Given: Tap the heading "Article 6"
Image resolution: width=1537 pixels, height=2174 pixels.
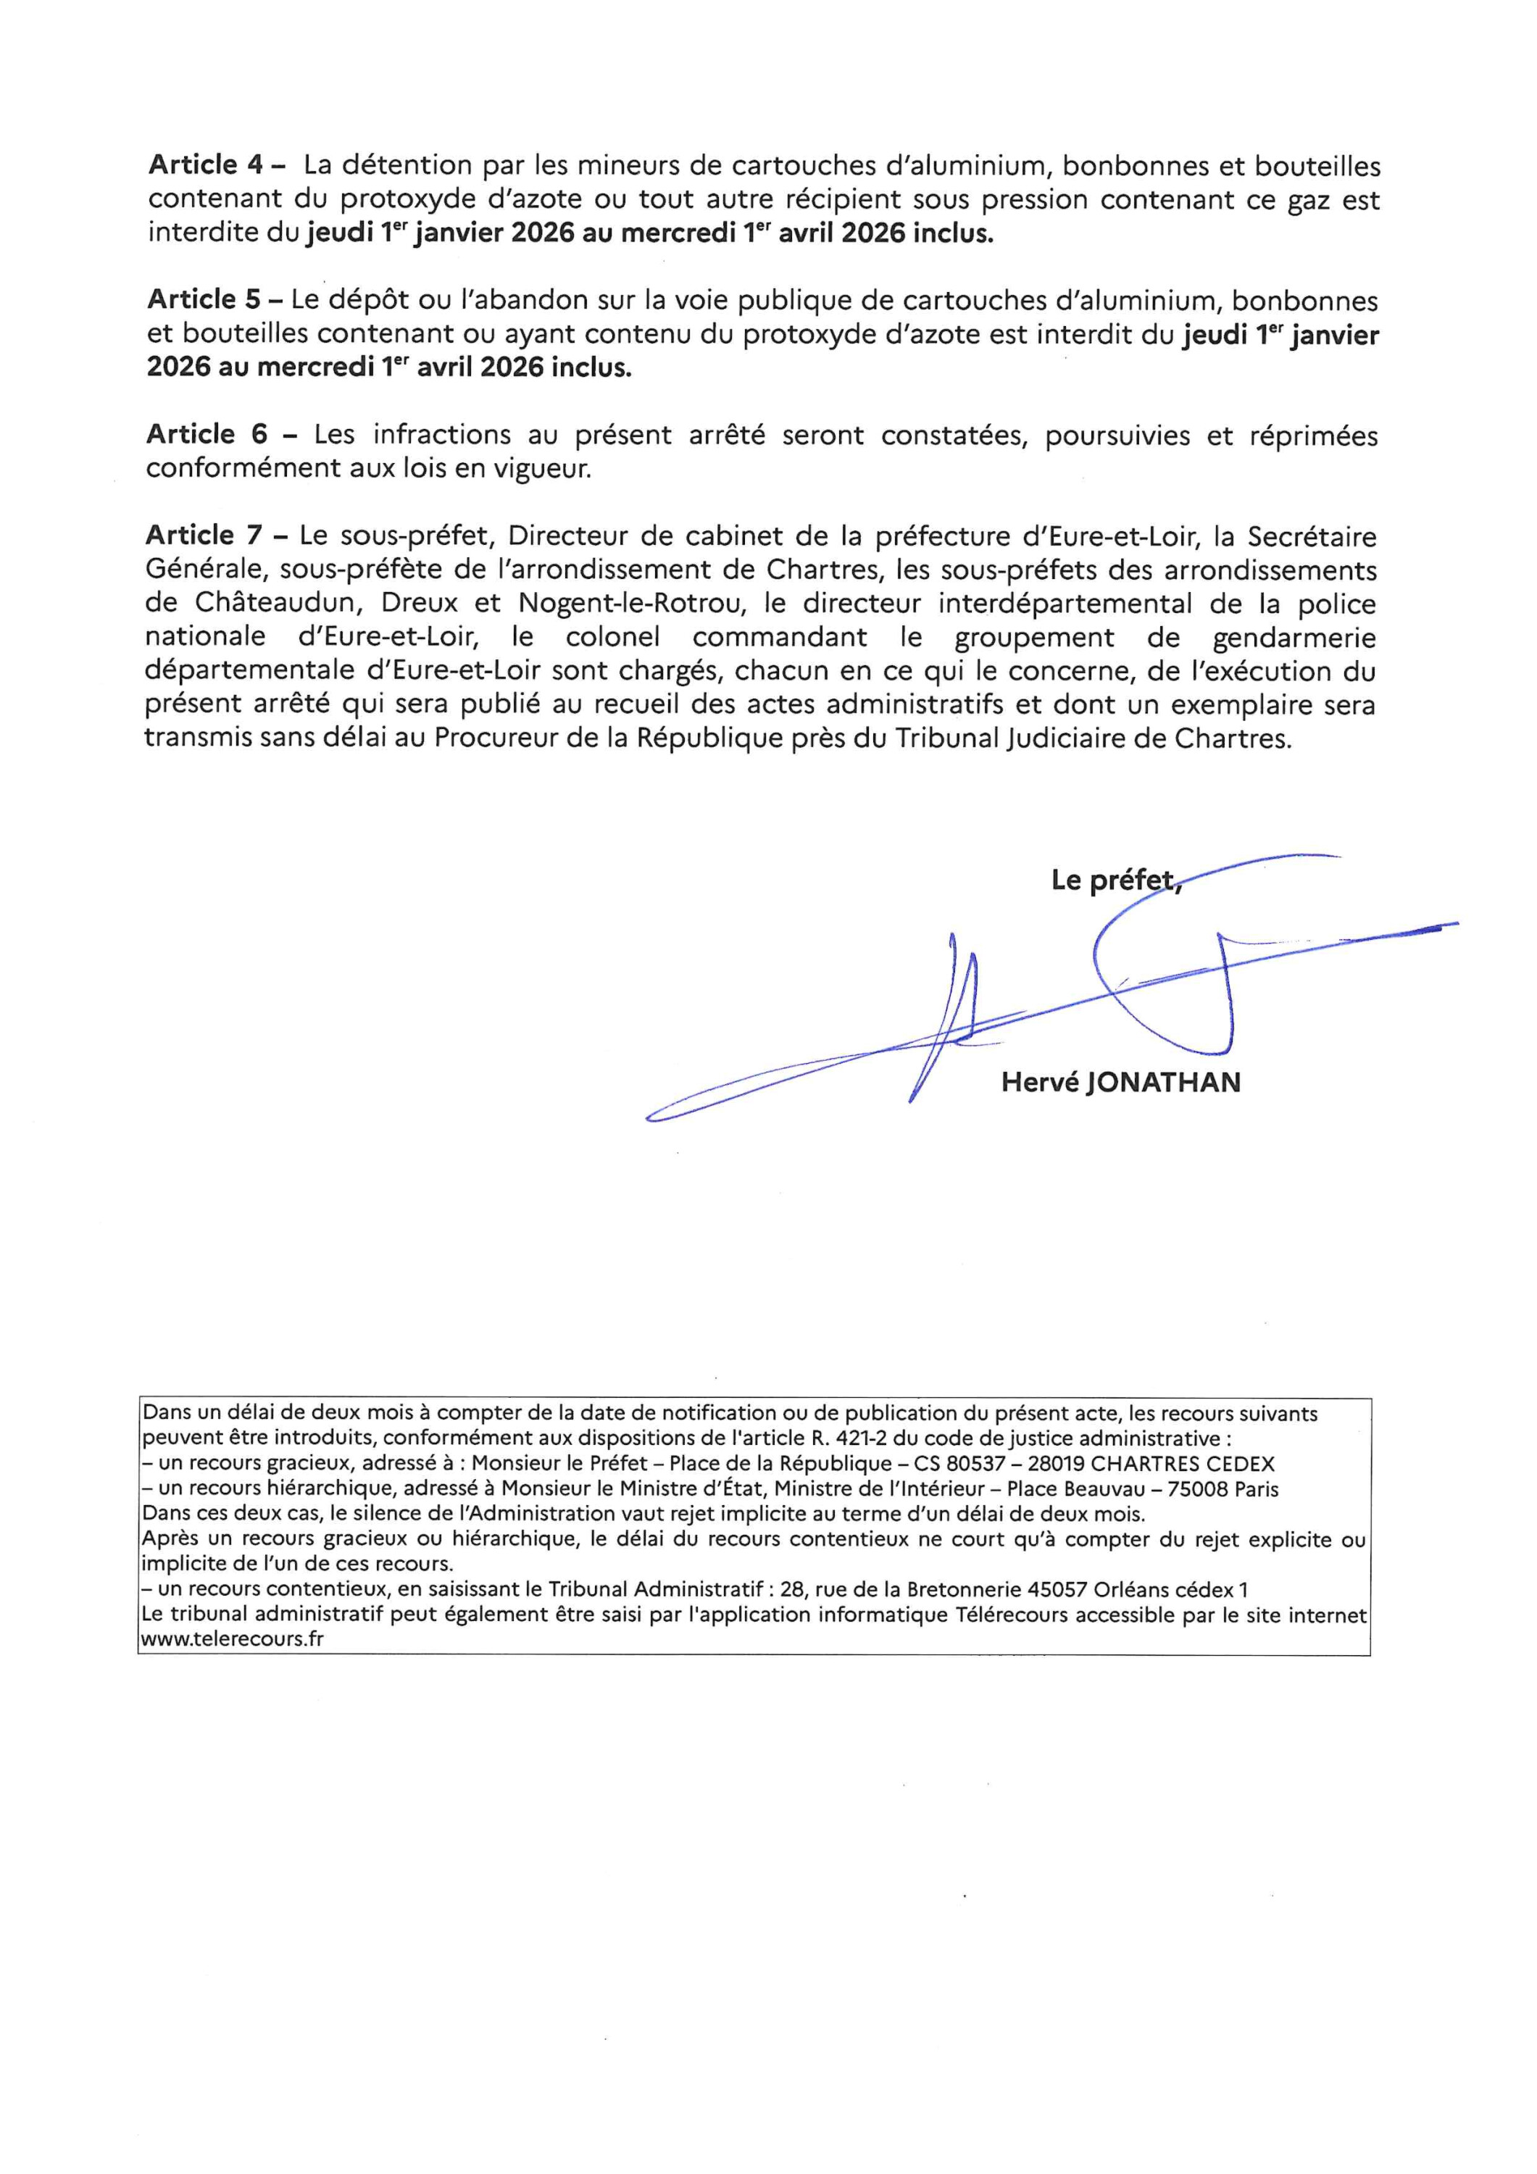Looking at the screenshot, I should [x=204, y=435].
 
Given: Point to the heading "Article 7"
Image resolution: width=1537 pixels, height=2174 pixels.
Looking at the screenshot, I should [x=203, y=536].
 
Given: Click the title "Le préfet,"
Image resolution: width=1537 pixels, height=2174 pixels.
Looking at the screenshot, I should [x=1115, y=880].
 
